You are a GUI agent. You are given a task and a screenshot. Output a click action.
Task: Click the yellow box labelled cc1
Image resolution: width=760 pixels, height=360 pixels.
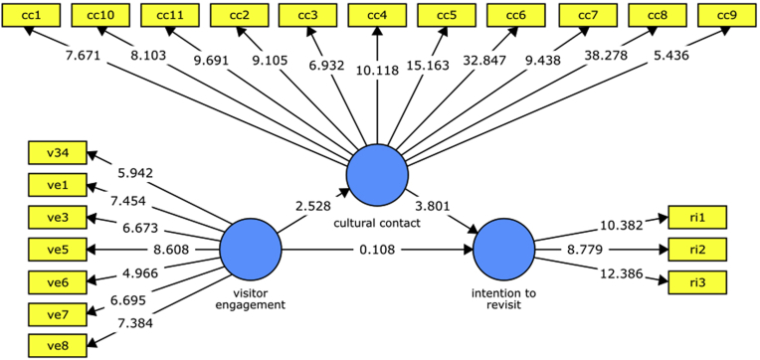coord(32,16)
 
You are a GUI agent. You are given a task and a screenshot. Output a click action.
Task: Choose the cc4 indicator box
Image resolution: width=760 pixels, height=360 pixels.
coord(378,16)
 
